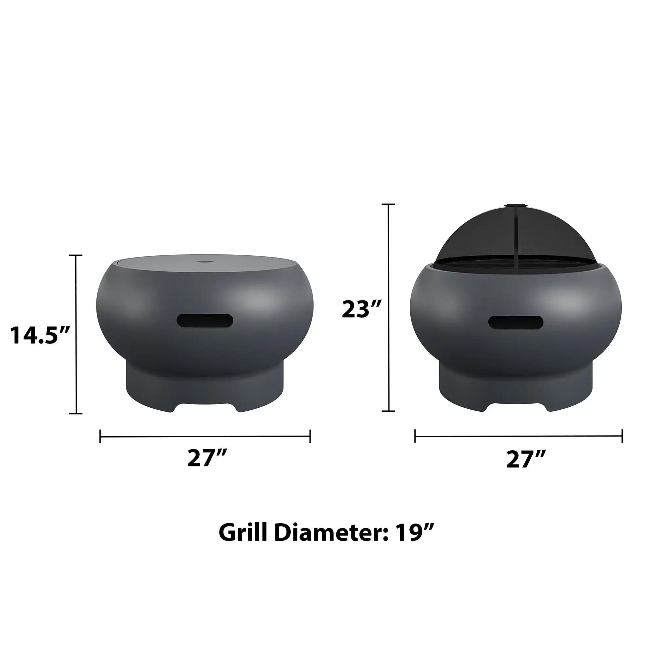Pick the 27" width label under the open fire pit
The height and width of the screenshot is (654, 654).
526,459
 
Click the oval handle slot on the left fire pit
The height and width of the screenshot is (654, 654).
205,321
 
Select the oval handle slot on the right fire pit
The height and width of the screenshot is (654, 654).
516,322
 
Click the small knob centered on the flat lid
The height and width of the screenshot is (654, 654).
205,261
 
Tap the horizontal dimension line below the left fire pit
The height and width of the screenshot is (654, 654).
205,436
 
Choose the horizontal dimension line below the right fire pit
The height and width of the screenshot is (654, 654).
518,436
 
